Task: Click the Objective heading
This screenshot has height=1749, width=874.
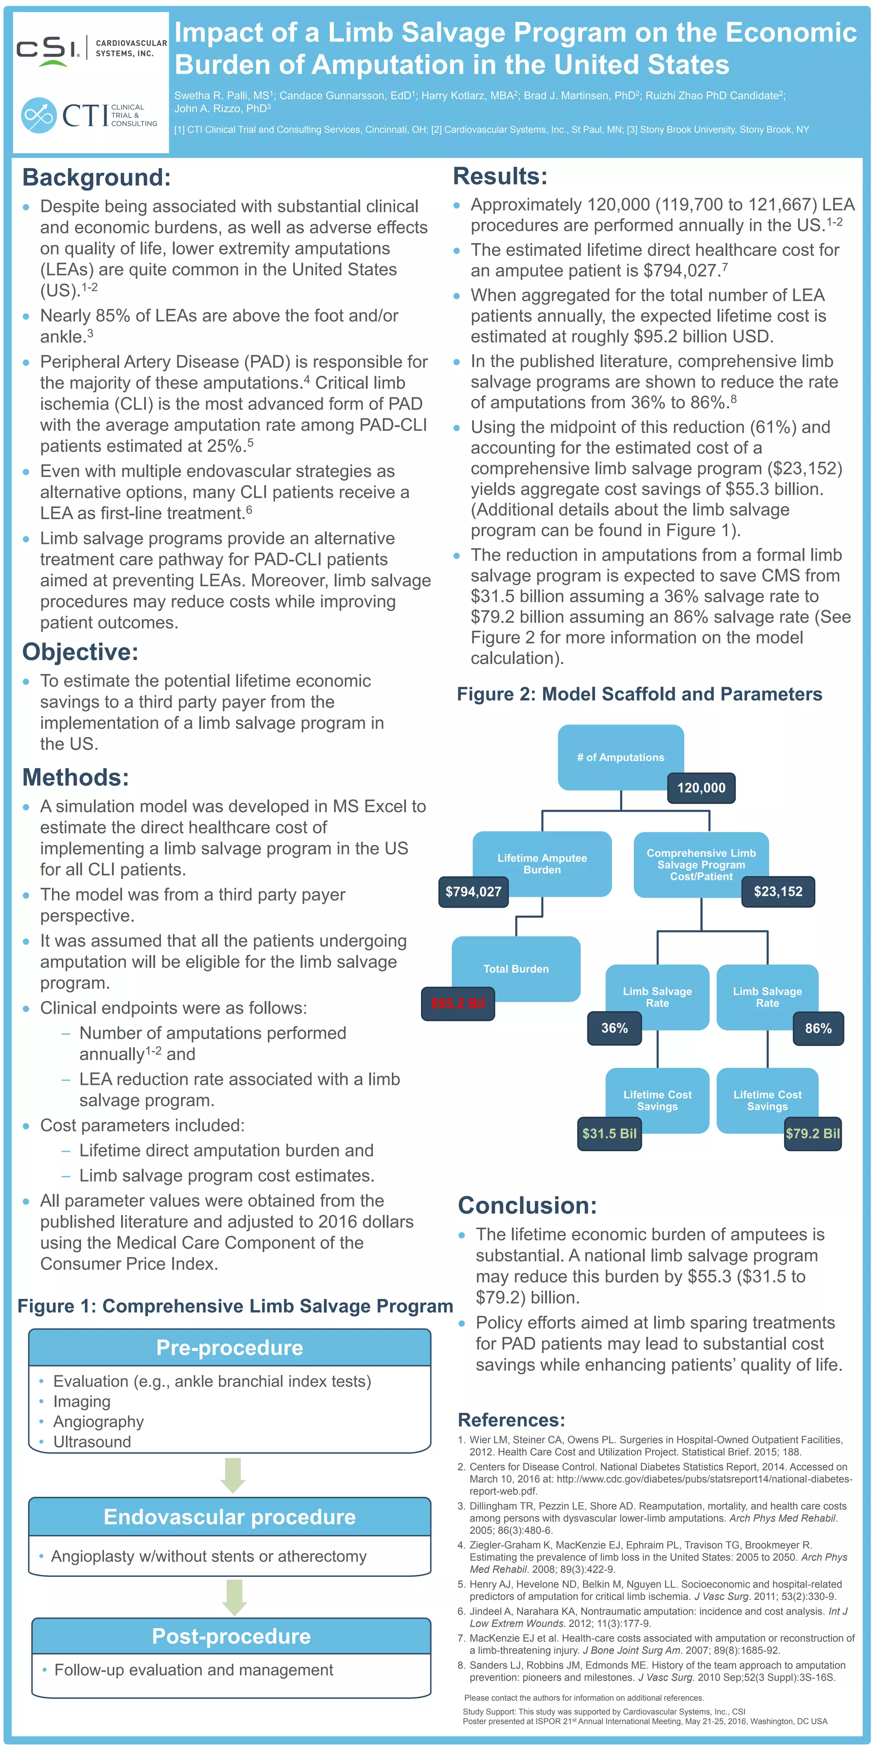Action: tap(80, 652)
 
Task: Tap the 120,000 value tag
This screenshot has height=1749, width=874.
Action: tap(701, 787)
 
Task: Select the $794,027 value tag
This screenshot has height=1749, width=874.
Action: tap(473, 892)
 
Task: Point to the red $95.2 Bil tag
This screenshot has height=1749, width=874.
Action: tap(458, 1003)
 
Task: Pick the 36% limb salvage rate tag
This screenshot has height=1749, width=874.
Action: tap(614, 1028)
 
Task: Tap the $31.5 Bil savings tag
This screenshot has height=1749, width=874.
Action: tap(609, 1133)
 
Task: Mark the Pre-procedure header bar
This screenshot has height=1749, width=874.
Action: tap(229, 1348)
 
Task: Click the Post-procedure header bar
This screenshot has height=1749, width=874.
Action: tap(231, 1636)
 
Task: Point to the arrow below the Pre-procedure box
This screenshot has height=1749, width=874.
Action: tap(233, 1475)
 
